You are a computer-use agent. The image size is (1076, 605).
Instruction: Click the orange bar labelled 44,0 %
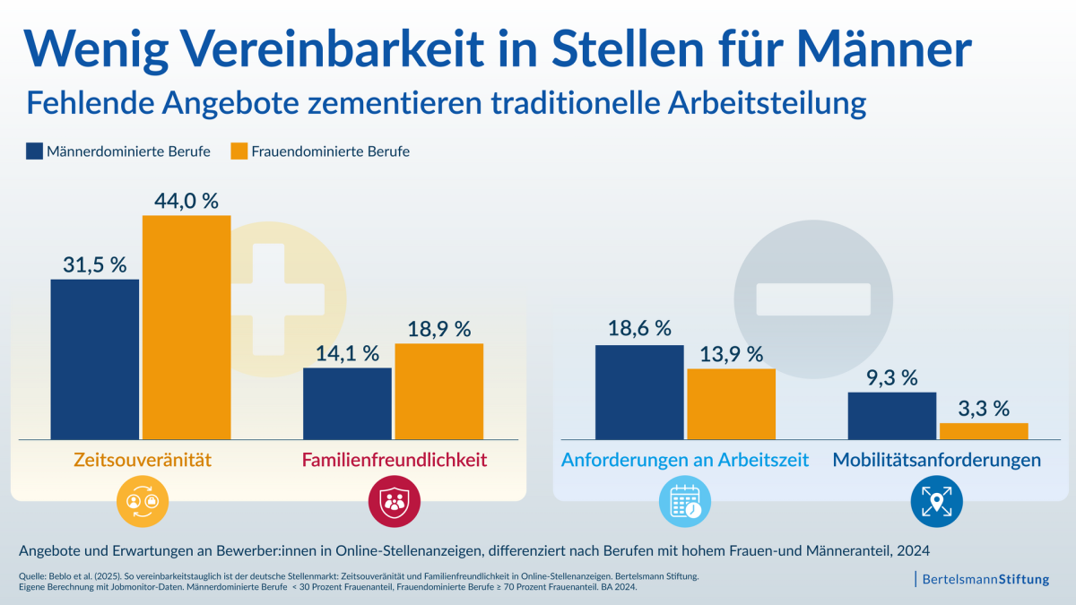click(x=187, y=326)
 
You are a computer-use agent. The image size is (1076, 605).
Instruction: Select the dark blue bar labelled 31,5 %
click(x=95, y=359)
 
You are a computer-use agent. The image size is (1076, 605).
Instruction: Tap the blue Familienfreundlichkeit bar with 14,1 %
click(x=347, y=402)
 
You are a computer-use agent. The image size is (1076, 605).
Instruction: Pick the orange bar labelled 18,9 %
click(x=438, y=391)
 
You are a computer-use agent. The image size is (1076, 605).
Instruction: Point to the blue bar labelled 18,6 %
click(x=639, y=392)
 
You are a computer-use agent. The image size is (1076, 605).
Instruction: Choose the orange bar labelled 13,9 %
click(x=731, y=403)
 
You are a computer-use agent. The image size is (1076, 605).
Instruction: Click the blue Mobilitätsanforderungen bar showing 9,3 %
click(x=892, y=415)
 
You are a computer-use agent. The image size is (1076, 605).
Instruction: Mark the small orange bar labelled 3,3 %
click(x=983, y=430)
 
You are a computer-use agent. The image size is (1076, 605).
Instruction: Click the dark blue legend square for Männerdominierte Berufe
click(x=35, y=151)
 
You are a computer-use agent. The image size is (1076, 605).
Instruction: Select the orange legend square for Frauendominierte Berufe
click(x=239, y=151)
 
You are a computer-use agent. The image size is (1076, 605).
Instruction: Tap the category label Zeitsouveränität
click(x=143, y=461)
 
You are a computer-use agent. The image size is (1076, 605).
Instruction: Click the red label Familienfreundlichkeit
click(x=395, y=461)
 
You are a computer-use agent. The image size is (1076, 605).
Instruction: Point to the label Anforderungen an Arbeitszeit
click(x=685, y=461)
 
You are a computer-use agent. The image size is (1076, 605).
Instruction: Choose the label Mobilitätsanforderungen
click(x=937, y=461)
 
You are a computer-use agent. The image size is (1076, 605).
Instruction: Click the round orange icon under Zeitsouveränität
click(x=143, y=501)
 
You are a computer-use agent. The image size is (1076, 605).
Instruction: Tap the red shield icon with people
click(x=395, y=501)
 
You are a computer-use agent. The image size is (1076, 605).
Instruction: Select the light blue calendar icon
click(x=685, y=501)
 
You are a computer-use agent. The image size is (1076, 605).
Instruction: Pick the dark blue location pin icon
click(x=937, y=501)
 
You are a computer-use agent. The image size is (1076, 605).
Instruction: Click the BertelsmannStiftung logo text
click(x=985, y=579)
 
